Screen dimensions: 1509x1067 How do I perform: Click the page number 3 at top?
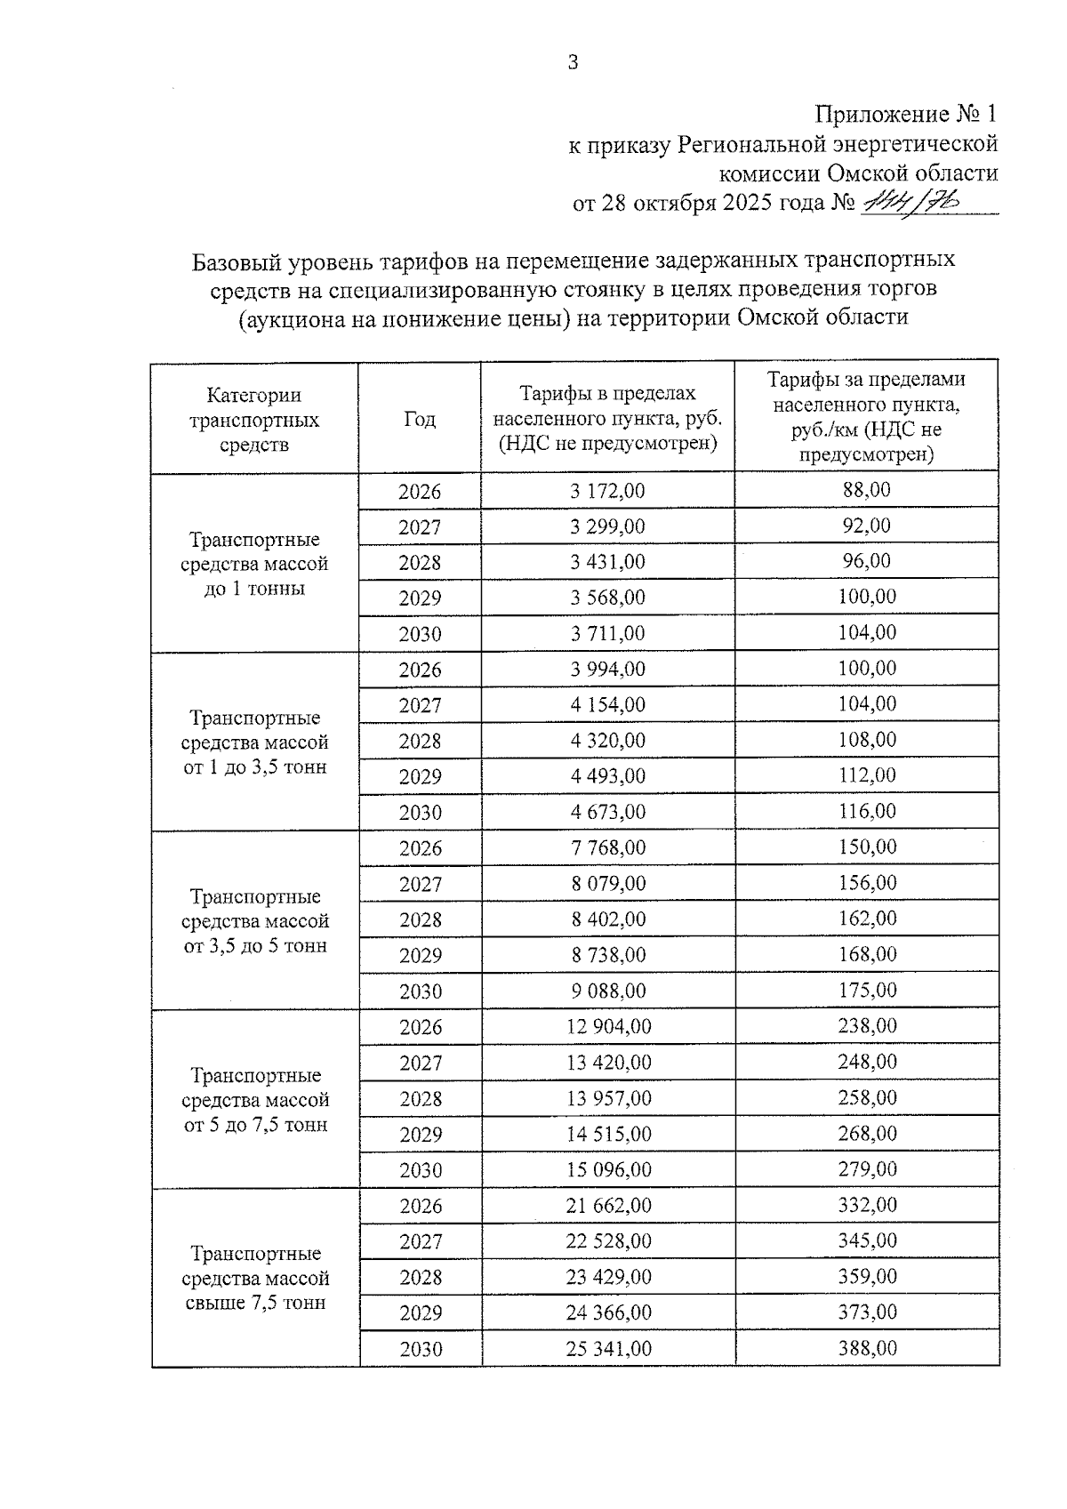pyautogui.click(x=573, y=62)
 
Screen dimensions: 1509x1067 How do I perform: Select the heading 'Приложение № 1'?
pyautogui.click(x=906, y=115)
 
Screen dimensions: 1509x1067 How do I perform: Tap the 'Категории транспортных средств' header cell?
pyautogui.click(x=254, y=419)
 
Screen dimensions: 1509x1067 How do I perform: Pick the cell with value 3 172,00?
pyautogui.click(x=607, y=491)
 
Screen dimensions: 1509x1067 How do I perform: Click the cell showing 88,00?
pyautogui.click(x=866, y=490)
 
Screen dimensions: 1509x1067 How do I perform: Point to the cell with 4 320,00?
pyautogui.click(x=607, y=741)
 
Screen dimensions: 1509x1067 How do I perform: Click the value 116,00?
pyautogui.click(x=867, y=811)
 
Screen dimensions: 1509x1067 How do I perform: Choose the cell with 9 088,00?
pyautogui.click(x=608, y=991)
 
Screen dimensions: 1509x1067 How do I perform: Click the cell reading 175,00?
pyautogui.click(x=867, y=990)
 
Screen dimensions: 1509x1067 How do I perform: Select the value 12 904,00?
pyautogui.click(x=608, y=1027)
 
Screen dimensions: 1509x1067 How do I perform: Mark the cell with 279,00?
pyautogui.click(x=867, y=1168)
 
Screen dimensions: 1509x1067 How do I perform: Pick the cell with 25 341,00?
pyautogui.click(x=608, y=1349)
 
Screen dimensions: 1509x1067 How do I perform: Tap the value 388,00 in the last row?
pyautogui.click(x=867, y=1348)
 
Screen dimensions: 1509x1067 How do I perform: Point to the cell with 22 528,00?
pyautogui.click(x=608, y=1241)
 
